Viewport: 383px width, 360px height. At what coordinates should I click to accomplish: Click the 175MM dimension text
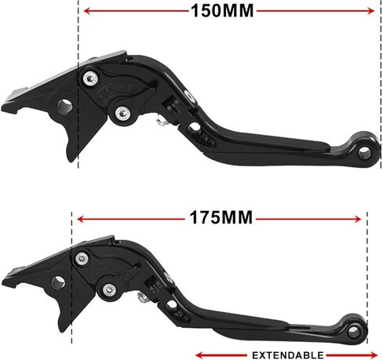(x=220, y=217)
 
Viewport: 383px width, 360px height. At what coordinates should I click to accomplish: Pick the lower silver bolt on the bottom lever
(x=111, y=293)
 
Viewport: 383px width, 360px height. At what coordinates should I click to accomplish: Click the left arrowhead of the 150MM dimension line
(x=86, y=11)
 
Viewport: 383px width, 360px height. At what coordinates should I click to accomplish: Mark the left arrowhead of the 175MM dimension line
(x=78, y=218)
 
